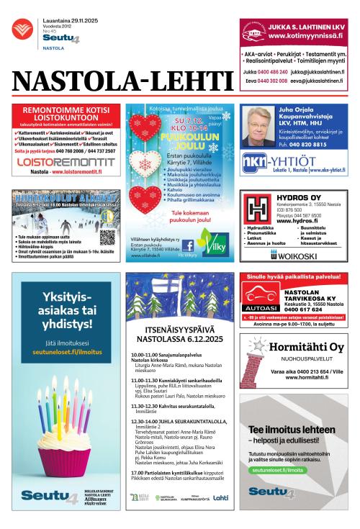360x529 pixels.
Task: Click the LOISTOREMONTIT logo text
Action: tap(64, 163)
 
